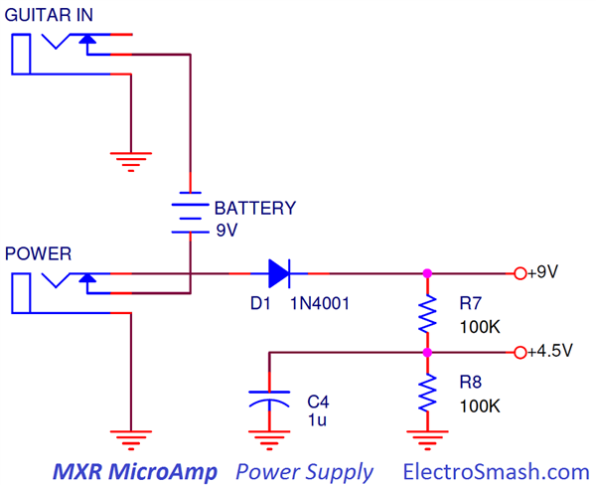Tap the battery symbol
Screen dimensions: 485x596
186,211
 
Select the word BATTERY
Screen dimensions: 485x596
255,209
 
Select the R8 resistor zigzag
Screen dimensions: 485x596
427,393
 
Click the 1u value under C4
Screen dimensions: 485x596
317,419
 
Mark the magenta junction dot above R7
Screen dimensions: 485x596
427,272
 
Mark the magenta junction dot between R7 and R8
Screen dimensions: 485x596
427,352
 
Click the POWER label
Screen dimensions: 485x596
38,252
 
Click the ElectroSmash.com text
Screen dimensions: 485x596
496,471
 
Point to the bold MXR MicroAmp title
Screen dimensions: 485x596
133,471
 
